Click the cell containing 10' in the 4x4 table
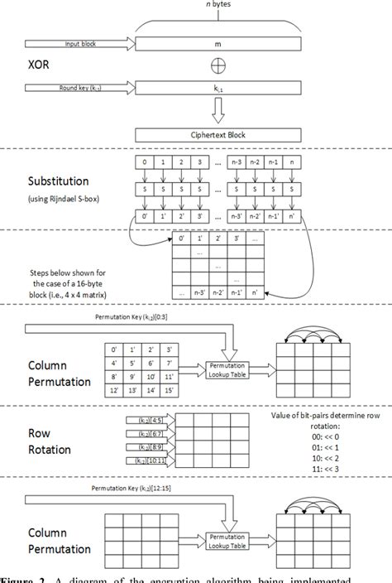coord(151,373)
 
